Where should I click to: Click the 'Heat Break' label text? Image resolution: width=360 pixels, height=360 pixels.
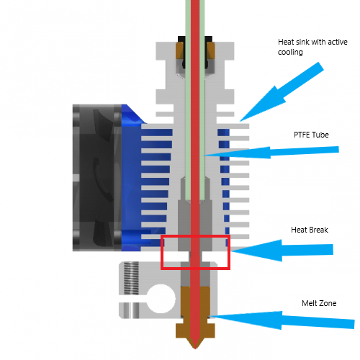coord(310,230)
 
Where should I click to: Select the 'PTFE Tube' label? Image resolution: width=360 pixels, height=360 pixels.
coord(311,135)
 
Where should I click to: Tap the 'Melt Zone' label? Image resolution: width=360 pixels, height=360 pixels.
coord(319,303)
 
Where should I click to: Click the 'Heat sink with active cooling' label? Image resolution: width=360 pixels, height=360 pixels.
coord(312,47)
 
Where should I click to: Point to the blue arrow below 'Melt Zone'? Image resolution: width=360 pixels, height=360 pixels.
coord(282,320)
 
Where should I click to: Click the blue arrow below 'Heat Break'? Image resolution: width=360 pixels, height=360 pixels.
coord(282,251)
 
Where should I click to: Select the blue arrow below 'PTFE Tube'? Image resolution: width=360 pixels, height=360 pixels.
coord(271,153)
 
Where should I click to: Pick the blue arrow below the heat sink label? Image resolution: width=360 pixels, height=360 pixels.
coord(282,91)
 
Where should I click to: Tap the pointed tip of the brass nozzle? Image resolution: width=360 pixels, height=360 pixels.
coord(195,348)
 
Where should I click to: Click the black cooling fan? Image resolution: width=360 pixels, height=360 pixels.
coord(97,178)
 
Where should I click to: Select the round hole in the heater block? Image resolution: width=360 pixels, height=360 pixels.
coord(161,299)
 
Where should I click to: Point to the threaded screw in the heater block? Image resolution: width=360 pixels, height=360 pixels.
coord(131,278)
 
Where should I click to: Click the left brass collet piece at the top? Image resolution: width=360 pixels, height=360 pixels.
coord(180,50)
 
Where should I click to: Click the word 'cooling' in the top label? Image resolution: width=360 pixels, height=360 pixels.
coord(290,52)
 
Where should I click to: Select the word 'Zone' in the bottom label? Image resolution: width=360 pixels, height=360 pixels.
coord(328,303)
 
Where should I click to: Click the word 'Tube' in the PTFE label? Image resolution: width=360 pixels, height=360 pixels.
coord(320,135)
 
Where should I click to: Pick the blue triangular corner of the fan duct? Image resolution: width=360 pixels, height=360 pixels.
coord(133,115)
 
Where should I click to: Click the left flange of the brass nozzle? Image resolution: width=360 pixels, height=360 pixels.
coord(183,330)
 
